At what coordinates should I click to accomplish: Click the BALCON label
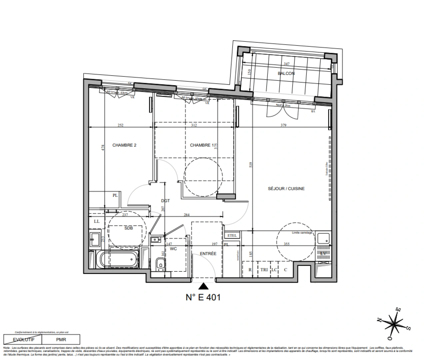pyautogui.click(x=286, y=73)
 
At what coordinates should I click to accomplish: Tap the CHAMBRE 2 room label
pyautogui.click(x=124, y=145)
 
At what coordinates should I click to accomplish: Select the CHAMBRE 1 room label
pyautogui.click(x=200, y=145)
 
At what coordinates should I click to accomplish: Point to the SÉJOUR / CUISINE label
pyautogui.click(x=286, y=189)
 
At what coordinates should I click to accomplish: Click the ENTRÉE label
pyautogui.click(x=208, y=254)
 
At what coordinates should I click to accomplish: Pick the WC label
pyautogui.click(x=173, y=249)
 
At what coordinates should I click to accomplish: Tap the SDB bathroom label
pyautogui.click(x=129, y=228)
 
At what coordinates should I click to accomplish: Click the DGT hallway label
pyautogui.click(x=165, y=201)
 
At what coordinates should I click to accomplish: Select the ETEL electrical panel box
pyautogui.click(x=232, y=235)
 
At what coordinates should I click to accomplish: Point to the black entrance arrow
pyautogui.click(x=204, y=286)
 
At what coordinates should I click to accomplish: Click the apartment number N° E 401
pyautogui.click(x=203, y=297)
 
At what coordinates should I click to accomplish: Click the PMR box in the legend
pyautogui.click(x=61, y=340)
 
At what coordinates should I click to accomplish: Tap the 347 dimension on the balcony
pyautogui.click(x=286, y=64)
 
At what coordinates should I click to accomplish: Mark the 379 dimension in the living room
pyautogui.click(x=283, y=125)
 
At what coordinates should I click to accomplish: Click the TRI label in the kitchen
pyautogui.click(x=264, y=270)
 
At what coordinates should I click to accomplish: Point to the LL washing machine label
pyautogui.click(x=97, y=221)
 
